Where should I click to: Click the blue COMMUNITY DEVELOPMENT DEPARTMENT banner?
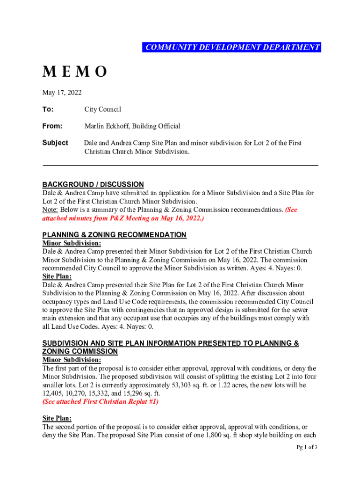point(232,47)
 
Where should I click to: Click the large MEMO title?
point(75,72)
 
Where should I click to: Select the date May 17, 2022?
point(62,93)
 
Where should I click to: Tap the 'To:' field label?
point(48,109)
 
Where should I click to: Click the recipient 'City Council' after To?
point(102,109)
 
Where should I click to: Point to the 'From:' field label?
point(52,126)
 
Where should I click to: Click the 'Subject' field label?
point(55,143)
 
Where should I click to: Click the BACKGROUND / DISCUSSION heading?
point(93,184)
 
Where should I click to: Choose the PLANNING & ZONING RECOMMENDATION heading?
point(114,235)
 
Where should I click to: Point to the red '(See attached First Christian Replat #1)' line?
point(100,402)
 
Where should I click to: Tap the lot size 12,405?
point(53,393)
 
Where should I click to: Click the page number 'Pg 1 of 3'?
point(307,447)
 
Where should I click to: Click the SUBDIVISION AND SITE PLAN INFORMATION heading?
point(171,343)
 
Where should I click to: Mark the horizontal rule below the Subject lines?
point(180,166)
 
